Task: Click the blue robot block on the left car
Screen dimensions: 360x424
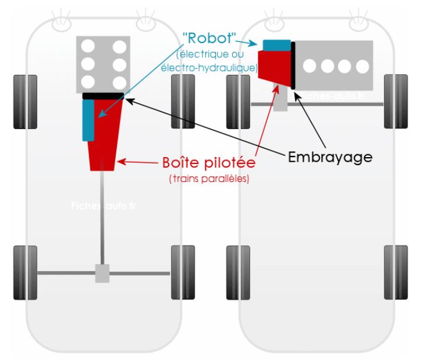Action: coord(88,119)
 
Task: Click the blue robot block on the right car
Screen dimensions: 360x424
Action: coord(277,45)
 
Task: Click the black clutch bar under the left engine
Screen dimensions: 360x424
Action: coord(103,95)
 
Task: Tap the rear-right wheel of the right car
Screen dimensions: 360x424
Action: coord(396,272)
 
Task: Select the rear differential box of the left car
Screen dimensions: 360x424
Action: coord(102,273)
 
